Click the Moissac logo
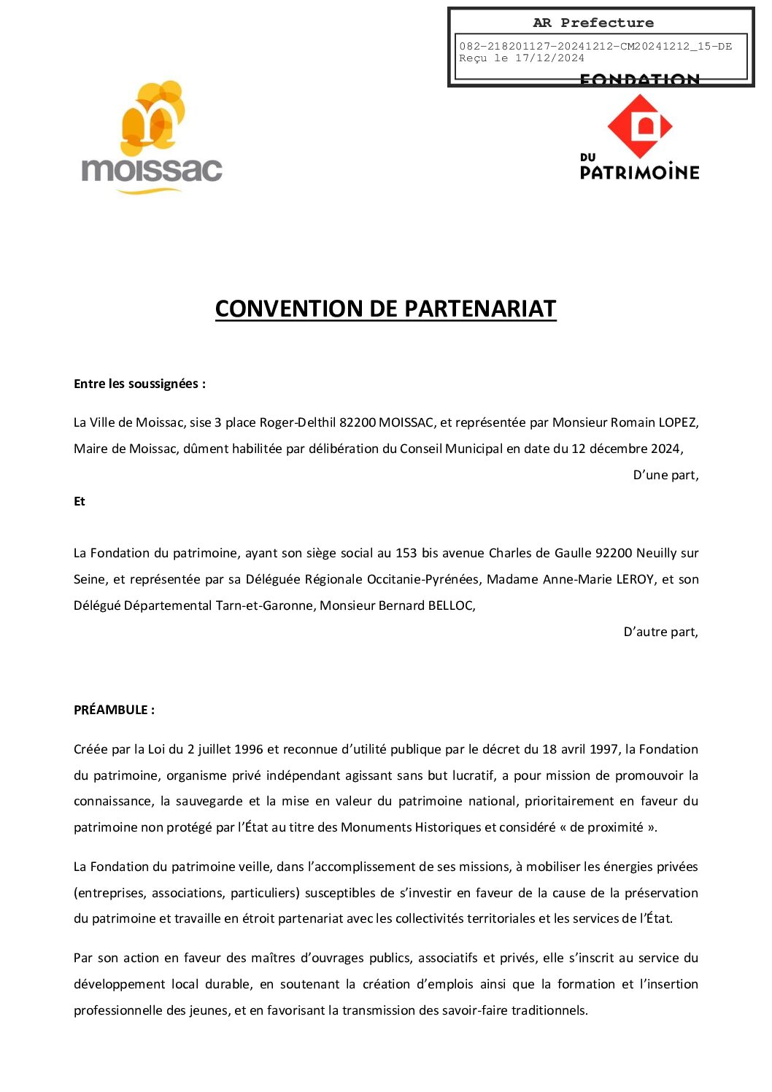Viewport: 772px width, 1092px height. click(x=152, y=139)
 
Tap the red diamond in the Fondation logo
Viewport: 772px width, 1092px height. click(x=640, y=126)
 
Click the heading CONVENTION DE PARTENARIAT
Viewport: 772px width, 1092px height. click(x=385, y=309)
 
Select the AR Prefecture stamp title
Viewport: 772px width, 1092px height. click(x=593, y=23)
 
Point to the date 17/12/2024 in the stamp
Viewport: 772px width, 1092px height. click(x=549, y=58)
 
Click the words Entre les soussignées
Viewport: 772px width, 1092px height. click(x=139, y=384)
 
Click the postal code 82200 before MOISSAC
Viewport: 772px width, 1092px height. click(x=358, y=422)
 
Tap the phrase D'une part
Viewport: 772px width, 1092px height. click(x=665, y=475)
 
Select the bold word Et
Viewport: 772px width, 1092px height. click(x=80, y=501)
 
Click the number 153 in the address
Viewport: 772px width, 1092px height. click(x=406, y=553)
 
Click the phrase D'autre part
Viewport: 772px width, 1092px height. click(x=660, y=632)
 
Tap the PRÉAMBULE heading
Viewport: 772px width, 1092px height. click(x=114, y=710)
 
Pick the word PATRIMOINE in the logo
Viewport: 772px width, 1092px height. click(x=639, y=172)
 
